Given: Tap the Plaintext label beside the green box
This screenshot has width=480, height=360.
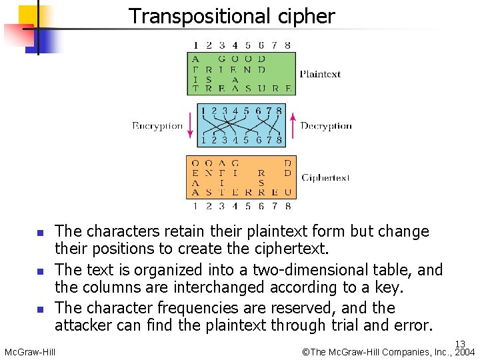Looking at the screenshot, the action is click(x=320, y=74).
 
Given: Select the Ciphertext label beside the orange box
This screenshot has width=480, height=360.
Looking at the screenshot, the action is click(x=325, y=178).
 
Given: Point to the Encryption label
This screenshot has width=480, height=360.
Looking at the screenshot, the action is click(x=157, y=125).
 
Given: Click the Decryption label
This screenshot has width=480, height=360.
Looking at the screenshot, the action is click(x=326, y=125).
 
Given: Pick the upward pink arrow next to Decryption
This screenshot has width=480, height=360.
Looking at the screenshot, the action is click(x=292, y=125).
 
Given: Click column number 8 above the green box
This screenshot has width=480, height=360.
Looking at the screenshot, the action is click(x=287, y=45).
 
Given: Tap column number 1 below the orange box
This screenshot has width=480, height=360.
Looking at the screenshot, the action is click(x=195, y=207).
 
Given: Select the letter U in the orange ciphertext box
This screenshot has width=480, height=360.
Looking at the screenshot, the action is click(x=287, y=193).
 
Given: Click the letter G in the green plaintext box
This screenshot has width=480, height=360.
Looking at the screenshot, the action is click(x=222, y=58).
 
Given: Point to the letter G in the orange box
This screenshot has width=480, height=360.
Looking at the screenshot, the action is click(x=235, y=163).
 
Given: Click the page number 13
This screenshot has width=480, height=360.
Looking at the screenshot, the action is click(x=460, y=344).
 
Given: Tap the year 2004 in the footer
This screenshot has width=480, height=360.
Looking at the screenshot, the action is click(x=464, y=353).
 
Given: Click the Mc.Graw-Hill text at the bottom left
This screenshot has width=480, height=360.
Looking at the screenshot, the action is click(x=29, y=352).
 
